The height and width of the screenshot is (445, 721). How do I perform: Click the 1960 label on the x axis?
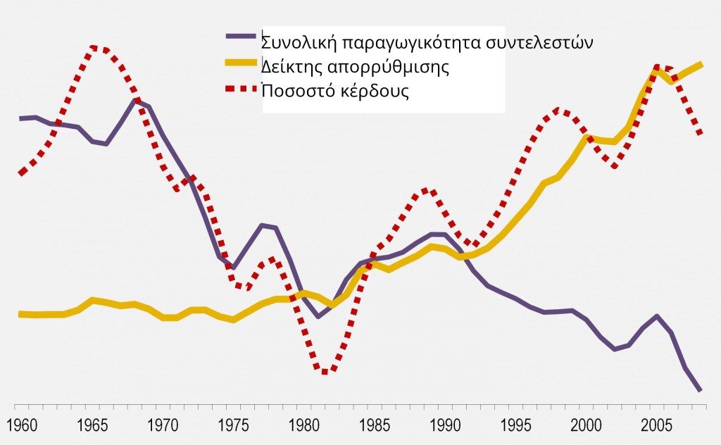pyautogui.click(x=20, y=427)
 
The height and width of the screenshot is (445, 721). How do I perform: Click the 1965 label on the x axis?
pyautogui.click(x=91, y=427)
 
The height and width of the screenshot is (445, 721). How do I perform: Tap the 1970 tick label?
pyautogui.click(x=162, y=427)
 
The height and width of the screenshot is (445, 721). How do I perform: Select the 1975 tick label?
pyautogui.click(x=232, y=427)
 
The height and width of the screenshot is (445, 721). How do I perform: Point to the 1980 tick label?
pyautogui.click(x=303, y=427)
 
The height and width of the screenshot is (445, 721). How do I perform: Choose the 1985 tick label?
pyautogui.click(x=374, y=427)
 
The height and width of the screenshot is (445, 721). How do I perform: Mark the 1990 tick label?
pyautogui.click(x=445, y=427)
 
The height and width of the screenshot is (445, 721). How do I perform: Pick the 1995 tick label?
pyautogui.click(x=515, y=427)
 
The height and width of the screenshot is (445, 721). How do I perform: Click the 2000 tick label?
pyautogui.click(x=587, y=427)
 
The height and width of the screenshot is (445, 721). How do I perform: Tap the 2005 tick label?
pyautogui.click(x=657, y=427)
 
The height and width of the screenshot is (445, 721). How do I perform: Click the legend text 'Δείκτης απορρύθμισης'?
pyautogui.click(x=355, y=68)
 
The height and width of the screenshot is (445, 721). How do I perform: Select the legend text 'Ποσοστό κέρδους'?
pyautogui.click(x=335, y=92)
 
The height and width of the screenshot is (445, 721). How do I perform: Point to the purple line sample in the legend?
pyautogui.click(x=242, y=35)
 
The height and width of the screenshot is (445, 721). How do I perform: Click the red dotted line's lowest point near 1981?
pyautogui.click(x=324, y=372)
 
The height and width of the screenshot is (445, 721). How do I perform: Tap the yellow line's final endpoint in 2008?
pyautogui.click(x=701, y=64)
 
